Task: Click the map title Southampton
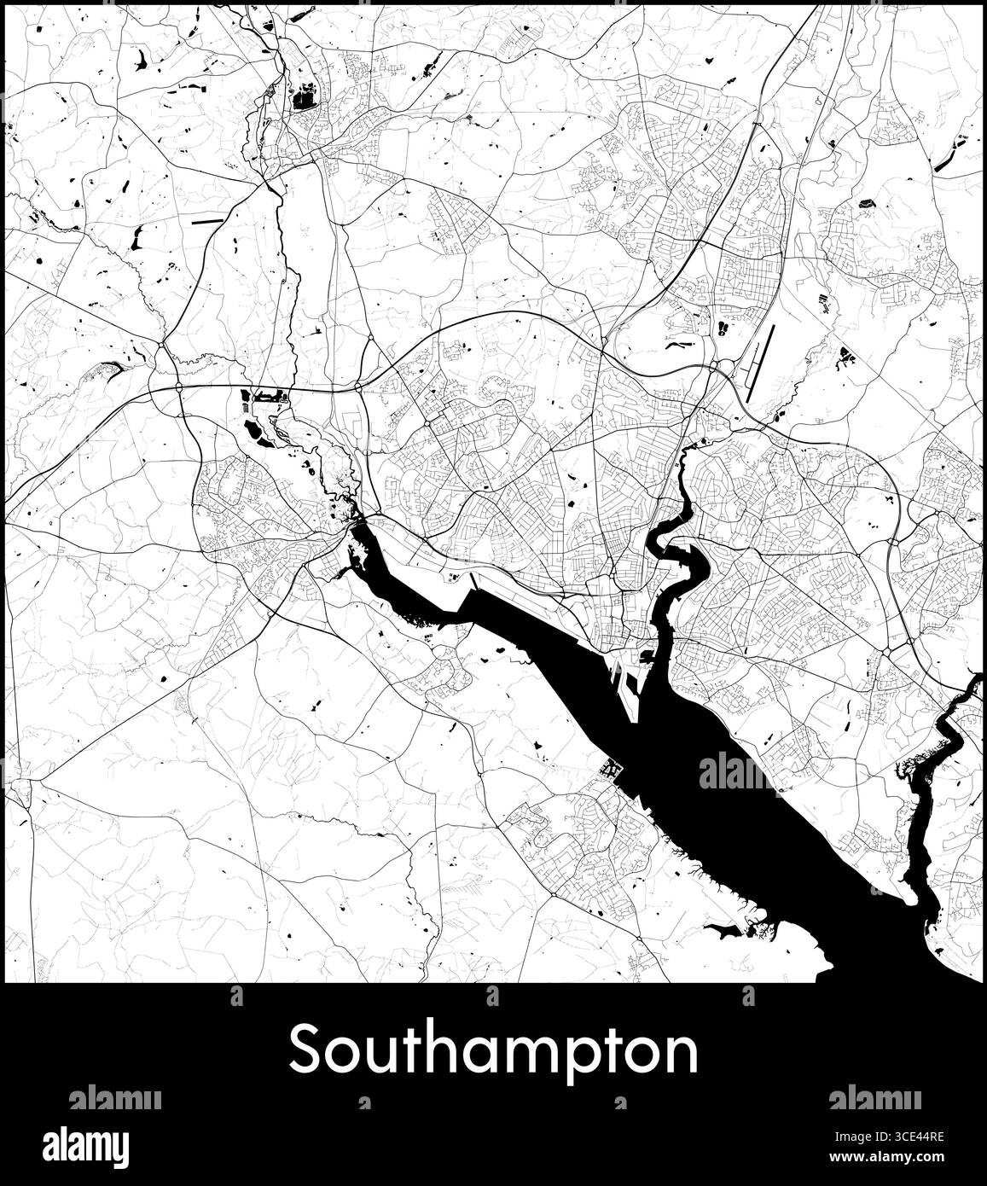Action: (493, 1051)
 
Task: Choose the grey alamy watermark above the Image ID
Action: (874, 1099)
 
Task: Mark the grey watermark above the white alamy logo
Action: (114, 1099)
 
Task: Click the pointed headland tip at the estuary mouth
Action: (828, 966)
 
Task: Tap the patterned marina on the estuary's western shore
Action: (612, 770)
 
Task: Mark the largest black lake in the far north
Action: (303, 99)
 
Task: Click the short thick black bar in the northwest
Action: (206, 222)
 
